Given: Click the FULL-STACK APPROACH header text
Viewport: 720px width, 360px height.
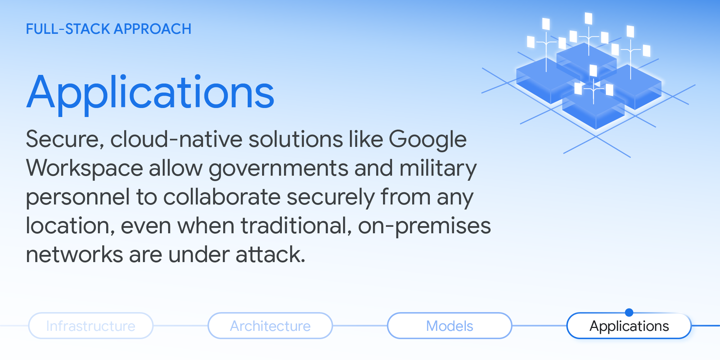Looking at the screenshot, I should (x=108, y=29).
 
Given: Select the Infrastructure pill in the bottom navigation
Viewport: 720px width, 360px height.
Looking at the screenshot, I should (x=91, y=326).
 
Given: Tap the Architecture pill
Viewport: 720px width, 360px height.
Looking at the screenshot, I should (x=270, y=326).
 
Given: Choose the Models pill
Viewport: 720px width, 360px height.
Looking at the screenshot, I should (x=449, y=326).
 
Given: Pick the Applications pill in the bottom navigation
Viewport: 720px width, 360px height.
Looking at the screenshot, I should (x=629, y=326).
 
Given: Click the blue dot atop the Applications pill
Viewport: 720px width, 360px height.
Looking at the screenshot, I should (x=629, y=312).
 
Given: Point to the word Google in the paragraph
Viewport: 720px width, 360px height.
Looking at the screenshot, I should (x=427, y=140).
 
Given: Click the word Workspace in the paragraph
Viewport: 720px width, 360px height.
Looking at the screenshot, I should (x=85, y=168).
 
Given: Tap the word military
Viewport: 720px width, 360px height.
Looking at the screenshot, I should (x=438, y=168).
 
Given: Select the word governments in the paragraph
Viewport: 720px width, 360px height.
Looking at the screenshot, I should (x=278, y=168).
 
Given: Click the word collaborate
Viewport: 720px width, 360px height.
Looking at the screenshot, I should (x=222, y=197).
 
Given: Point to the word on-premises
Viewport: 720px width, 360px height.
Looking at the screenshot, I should (x=424, y=226).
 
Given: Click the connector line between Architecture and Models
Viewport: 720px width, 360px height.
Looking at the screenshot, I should (x=360, y=326).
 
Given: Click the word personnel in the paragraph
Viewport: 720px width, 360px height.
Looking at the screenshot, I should (x=78, y=197).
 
